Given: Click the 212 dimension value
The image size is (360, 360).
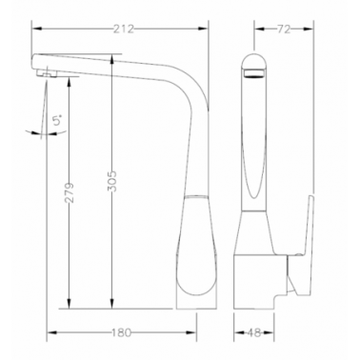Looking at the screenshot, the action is click(124, 29).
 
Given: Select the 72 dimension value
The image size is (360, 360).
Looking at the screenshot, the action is click(284, 29).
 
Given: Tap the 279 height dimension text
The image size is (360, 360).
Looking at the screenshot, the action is click(70, 192).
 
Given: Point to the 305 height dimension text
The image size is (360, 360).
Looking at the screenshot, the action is click(112, 181).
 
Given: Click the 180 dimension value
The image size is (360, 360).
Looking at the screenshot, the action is click(121, 332).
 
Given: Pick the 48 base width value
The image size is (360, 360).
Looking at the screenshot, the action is click(254, 332).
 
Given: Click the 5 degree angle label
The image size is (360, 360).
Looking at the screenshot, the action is click(58, 121).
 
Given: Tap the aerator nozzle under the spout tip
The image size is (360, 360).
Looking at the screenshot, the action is click(47, 73).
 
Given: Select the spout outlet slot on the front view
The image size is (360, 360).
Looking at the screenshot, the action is click(253, 74).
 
